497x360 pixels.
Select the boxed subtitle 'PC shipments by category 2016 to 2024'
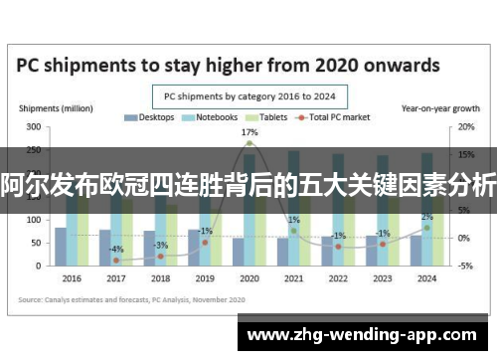248,96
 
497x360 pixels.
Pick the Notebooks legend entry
212,117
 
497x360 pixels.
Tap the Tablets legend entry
266,117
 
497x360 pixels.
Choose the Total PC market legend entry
334,117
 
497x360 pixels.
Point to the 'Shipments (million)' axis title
52,107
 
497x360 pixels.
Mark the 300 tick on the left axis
34,127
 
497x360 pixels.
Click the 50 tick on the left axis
36,243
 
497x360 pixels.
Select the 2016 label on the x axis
71,277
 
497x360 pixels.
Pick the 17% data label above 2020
249,132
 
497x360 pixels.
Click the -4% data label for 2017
116,249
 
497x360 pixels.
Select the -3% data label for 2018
161,245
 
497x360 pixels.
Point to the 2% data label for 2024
426,217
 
